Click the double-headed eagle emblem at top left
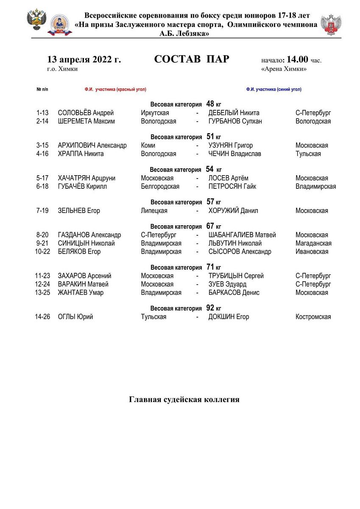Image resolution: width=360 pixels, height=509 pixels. pyautogui.click(x=36, y=20)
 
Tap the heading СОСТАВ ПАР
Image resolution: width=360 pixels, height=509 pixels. pyautogui.click(x=192, y=59)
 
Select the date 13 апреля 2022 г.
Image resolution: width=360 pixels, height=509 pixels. pyautogui.click(x=84, y=59)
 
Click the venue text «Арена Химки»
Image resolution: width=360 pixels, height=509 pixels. pyautogui.click(x=284, y=69)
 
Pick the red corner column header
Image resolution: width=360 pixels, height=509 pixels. pyautogui.click(x=115, y=89)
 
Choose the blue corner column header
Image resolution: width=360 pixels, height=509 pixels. pyautogui.click(x=273, y=89)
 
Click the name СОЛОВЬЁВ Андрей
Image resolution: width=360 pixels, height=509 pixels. pyautogui.click(x=86, y=113)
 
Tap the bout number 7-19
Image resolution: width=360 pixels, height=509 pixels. pyautogui.click(x=42, y=211)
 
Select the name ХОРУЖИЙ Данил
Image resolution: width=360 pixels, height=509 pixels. pyautogui.click(x=233, y=211)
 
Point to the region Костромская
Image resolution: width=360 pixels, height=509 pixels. pyautogui.click(x=313, y=317)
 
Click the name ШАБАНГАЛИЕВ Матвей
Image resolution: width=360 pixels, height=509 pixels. pyautogui.click(x=242, y=235)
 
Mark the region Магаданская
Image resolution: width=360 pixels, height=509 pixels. pyautogui.click(x=313, y=243)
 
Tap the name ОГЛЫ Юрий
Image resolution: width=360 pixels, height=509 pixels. pyautogui.click(x=75, y=317)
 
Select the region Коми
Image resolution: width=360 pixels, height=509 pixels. pyautogui.click(x=148, y=145)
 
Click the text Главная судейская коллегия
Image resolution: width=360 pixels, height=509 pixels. pyautogui.click(x=184, y=400)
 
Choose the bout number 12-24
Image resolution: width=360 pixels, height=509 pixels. pyautogui.click(x=42, y=284)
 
